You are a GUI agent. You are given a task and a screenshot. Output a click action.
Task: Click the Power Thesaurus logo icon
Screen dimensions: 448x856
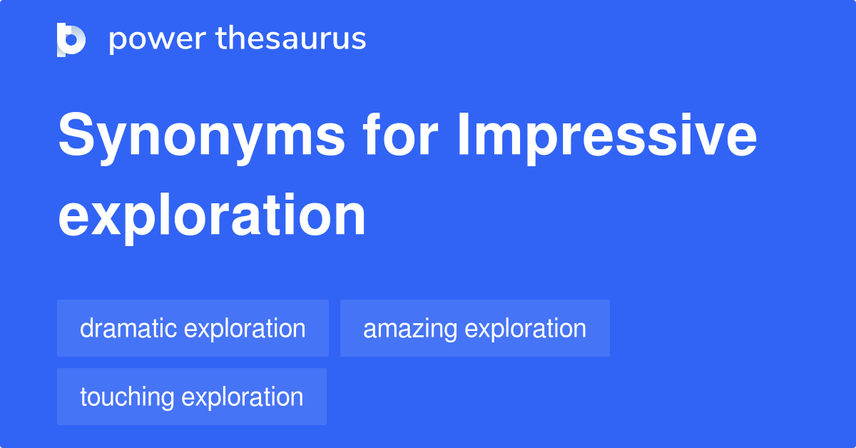click(x=71, y=39)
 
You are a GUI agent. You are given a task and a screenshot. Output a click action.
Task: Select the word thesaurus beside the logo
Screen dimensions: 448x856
click(x=291, y=39)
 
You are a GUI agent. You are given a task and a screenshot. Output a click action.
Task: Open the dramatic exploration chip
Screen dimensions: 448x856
click(x=193, y=328)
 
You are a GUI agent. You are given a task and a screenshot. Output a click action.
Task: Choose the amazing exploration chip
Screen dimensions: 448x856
click(x=474, y=328)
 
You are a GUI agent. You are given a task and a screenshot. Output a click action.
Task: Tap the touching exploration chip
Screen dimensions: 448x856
click(x=191, y=397)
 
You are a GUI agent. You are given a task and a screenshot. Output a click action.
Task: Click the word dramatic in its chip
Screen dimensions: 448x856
click(x=128, y=328)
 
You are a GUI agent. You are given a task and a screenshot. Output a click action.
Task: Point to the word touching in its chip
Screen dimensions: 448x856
click(x=126, y=397)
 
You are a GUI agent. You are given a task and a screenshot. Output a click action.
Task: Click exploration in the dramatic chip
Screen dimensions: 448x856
click(x=245, y=329)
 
